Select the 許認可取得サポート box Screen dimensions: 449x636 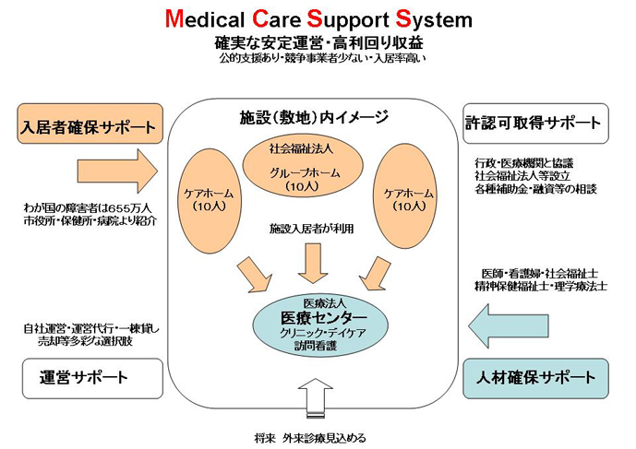[x=534, y=123]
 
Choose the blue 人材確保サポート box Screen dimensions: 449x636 [x=534, y=376]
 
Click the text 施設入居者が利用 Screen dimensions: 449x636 [x=311, y=228]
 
